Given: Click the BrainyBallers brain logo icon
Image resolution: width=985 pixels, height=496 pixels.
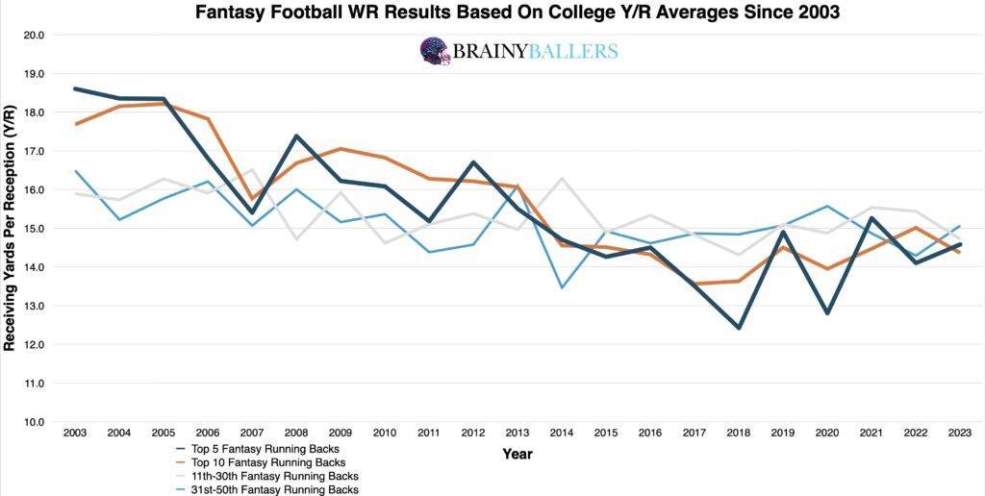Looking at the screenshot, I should click(x=435, y=51).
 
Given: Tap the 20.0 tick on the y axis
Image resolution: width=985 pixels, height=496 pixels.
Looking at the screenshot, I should click(x=36, y=35).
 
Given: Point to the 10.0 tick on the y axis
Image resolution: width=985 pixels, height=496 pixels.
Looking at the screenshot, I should click(x=36, y=422).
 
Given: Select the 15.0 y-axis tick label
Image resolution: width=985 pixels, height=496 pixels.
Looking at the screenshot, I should click(x=36, y=229).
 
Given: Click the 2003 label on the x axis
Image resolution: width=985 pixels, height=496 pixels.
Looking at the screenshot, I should click(x=75, y=434).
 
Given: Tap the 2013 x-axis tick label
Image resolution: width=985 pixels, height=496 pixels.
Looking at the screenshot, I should click(x=518, y=434).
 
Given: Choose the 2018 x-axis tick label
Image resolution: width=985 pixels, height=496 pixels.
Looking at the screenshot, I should click(x=740, y=434).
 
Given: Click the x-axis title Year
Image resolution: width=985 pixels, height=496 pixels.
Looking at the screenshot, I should click(x=518, y=454).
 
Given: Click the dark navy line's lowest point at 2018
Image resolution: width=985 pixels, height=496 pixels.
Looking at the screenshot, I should click(x=740, y=328).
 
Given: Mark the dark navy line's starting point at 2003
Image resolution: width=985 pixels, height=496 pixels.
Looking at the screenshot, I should click(x=75, y=88).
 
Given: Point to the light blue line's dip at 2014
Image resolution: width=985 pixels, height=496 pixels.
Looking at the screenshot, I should click(x=563, y=287).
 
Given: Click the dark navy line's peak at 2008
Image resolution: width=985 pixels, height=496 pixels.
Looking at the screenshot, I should click(x=296, y=136).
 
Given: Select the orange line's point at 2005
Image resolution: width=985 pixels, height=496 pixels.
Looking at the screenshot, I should click(x=164, y=103).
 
